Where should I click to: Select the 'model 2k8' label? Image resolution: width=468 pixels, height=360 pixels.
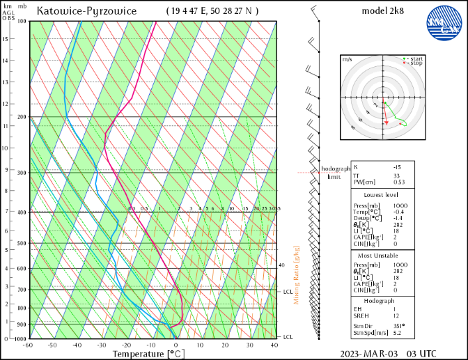(x=384, y=11)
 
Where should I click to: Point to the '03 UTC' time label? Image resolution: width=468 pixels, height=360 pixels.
(x=423, y=354)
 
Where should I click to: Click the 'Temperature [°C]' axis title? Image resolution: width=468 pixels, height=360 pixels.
(x=148, y=354)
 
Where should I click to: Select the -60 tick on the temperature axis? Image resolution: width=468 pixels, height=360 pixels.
(x=28, y=345)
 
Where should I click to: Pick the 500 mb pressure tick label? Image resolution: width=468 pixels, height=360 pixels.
(x=22, y=244)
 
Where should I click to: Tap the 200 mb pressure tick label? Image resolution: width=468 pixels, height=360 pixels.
(x=22, y=117)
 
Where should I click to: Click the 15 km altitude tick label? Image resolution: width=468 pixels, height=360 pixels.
(x=6, y=38)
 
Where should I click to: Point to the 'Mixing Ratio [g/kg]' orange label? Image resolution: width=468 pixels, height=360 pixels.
(x=296, y=274)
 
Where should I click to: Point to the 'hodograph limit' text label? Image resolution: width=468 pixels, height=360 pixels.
(x=335, y=173)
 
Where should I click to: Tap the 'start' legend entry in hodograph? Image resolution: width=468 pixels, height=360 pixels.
(x=416, y=58)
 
